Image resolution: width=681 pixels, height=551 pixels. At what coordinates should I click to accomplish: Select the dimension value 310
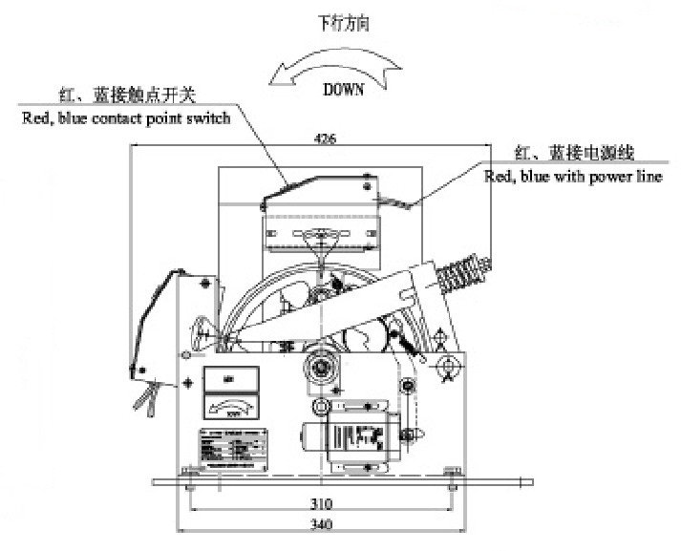(322, 503)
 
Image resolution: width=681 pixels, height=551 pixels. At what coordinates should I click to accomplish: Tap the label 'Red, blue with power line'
(573, 176)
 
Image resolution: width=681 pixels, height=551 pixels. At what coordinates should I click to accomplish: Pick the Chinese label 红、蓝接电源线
(574, 152)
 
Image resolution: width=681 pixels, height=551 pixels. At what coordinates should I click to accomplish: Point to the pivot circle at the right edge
(446, 366)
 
